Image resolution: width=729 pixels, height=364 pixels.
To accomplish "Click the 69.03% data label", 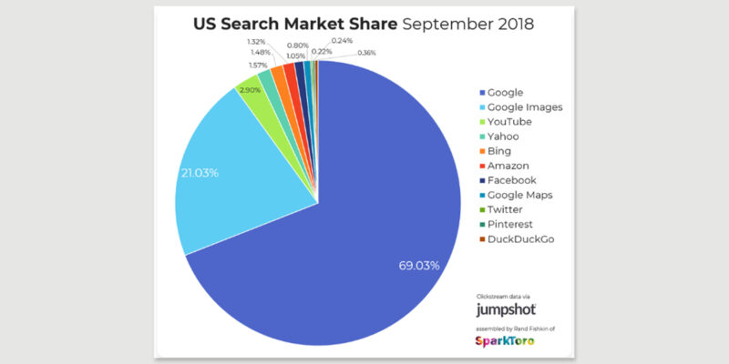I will click(419, 266).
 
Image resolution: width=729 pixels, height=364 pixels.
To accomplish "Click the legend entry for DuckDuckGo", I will click(519, 238).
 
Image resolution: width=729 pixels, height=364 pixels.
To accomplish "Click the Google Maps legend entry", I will click(519, 195).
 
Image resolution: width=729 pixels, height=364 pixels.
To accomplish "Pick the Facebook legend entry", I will click(515, 180).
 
